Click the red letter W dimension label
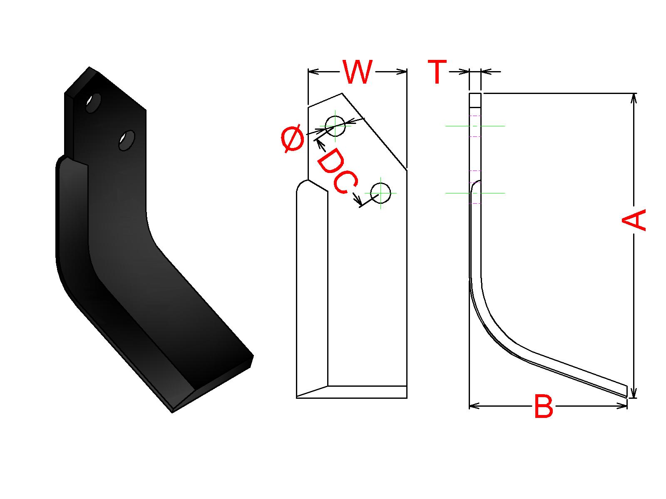(x=358, y=72)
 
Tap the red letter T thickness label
(x=437, y=72)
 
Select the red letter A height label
(x=634, y=220)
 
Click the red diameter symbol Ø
(x=293, y=141)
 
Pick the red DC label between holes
(x=337, y=172)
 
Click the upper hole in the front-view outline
(x=335, y=126)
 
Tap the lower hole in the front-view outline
(x=380, y=193)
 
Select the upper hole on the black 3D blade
(x=93, y=102)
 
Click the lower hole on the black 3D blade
(x=127, y=141)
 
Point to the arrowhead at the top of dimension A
(x=634, y=98)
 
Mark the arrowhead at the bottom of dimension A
(x=634, y=393)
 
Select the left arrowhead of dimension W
(x=313, y=72)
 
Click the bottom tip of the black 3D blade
(x=172, y=413)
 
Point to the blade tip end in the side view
(x=626, y=391)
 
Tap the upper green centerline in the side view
(x=475, y=126)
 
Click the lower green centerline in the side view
(x=475, y=193)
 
